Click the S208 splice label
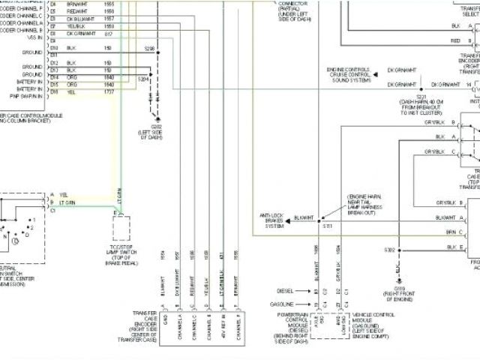pos(149,48)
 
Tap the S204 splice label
pos(142,78)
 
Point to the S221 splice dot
pos(421,85)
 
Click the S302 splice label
pos(389,249)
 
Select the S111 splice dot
pos(318,218)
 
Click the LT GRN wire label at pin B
pos(67,202)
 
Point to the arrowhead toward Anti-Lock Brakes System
pos(290,218)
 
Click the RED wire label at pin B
pos(455,40)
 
